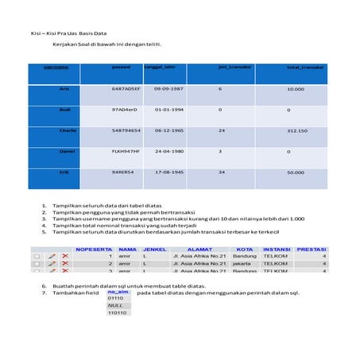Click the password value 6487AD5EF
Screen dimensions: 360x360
(126, 89)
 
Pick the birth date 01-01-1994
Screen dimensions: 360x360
(170, 110)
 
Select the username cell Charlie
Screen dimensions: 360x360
(68, 130)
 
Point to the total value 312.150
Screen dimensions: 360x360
(296, 130)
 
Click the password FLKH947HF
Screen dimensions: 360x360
(126, 151)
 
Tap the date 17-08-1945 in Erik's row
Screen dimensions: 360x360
(170, 172)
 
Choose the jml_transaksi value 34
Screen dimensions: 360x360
(222, 172)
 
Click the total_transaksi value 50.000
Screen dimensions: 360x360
(296, 172)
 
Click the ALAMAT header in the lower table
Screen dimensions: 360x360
(199, 249)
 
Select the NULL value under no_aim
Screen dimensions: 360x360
(116, 305)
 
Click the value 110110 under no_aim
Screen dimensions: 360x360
(118, 313)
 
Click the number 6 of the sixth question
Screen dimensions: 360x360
(44, 285)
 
